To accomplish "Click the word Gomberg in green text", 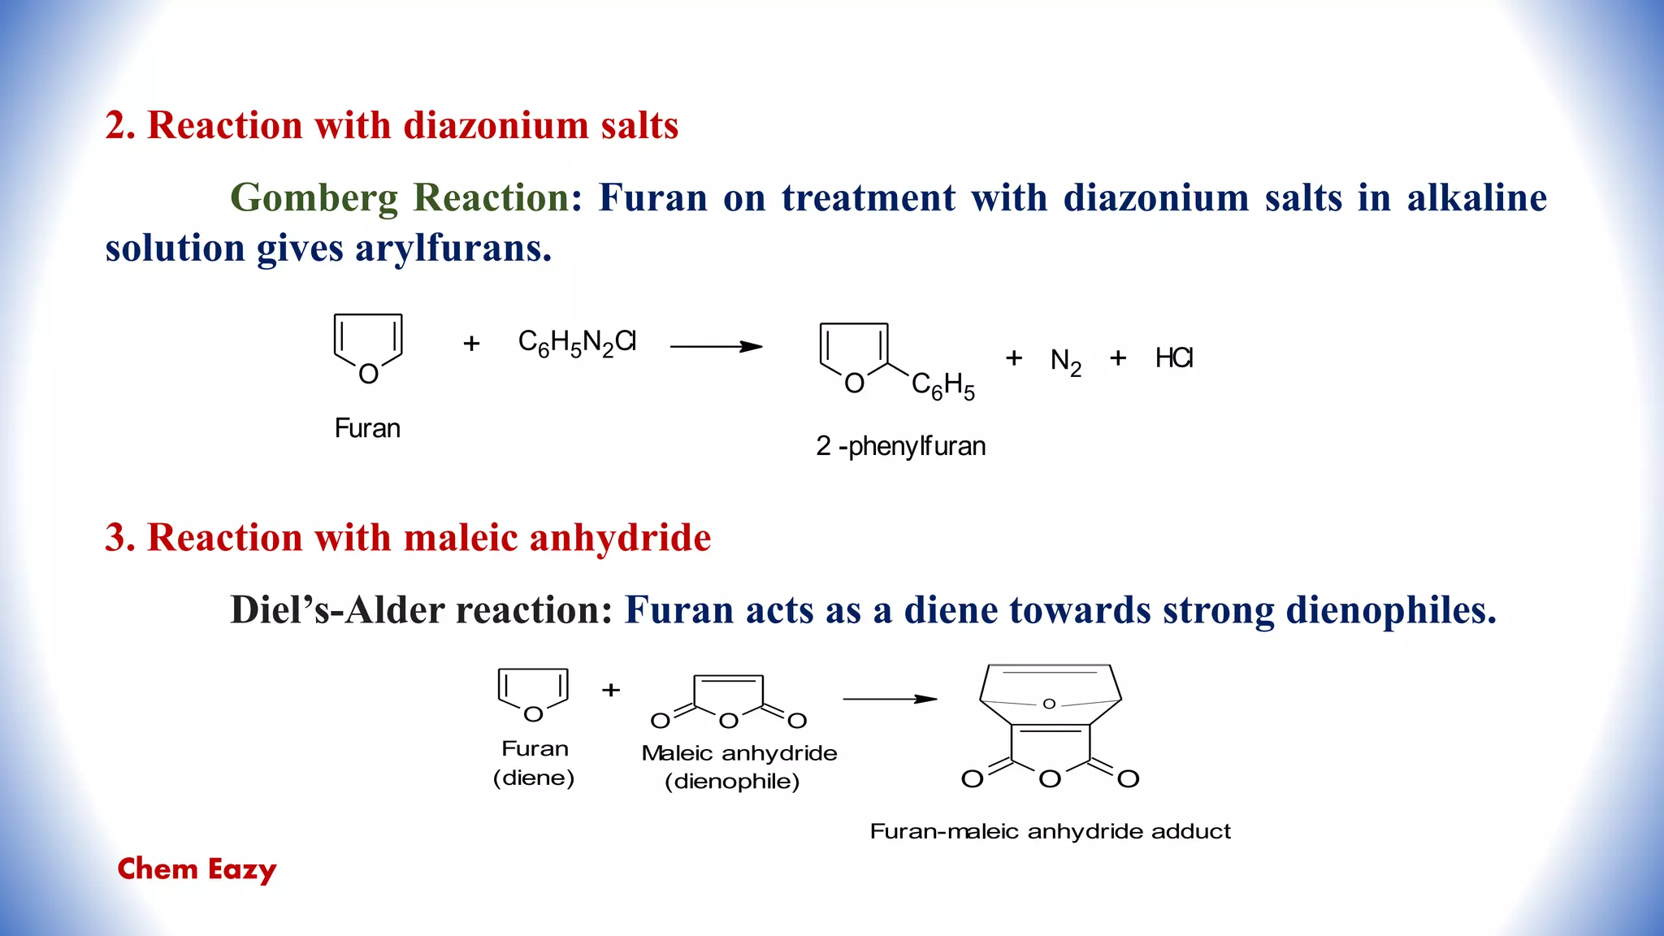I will [x=317, y=197].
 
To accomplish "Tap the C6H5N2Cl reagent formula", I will [x=577, y=343].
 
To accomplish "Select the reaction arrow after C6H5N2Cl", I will [x=716, y=347].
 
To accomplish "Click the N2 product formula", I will [x=1065, y=361].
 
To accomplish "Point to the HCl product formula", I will [x=1174, y=358].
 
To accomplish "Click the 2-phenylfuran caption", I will [x=900, y=446].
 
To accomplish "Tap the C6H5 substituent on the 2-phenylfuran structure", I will [x=942, y=386].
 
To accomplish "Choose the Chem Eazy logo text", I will [x=197, y=869].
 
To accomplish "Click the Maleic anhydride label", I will [x=739, y=753].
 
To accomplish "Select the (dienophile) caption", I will [x=732, y=782].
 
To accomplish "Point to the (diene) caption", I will [x=534, y=778].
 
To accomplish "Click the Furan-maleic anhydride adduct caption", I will [x=1050, y=831].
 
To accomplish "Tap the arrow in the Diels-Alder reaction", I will [x=890, y=699].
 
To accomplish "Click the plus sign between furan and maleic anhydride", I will [x=611, y=690].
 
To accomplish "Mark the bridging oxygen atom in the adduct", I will [x=1049, y=704].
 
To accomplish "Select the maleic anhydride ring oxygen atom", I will [x=729, y=721].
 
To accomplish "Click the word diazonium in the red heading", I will [x=496, y=126].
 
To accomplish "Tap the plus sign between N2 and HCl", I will [x=1118, y=357].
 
